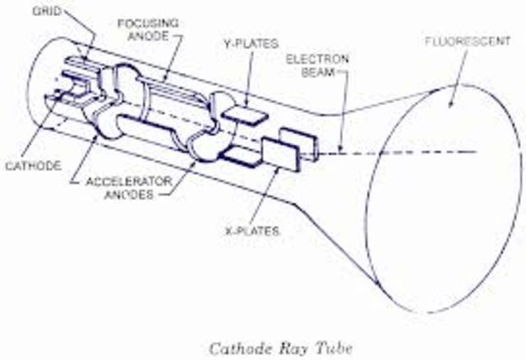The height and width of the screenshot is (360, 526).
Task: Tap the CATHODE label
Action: [x=32, y=165]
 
